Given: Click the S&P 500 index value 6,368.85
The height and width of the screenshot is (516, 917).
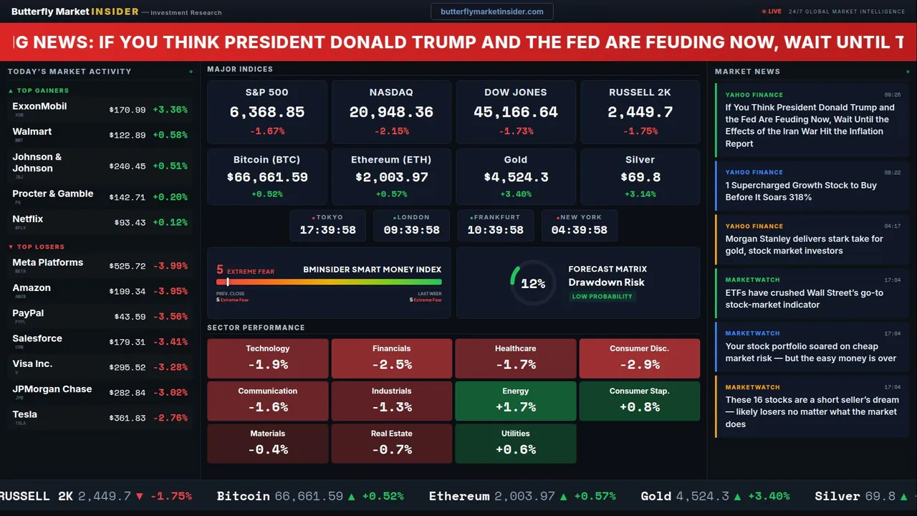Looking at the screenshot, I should [267, 113].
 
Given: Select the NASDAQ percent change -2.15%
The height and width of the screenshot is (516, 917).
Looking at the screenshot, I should [391, 131].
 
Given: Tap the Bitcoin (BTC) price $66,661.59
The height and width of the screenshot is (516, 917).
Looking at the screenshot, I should [267, 177].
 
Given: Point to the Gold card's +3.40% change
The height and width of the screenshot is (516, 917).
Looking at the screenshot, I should [516, 194].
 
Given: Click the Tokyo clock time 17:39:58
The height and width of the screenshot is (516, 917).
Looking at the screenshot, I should [327, 230].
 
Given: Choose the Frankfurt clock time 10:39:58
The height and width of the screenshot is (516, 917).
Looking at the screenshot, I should [495, 230].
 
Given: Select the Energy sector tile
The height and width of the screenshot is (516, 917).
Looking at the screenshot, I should [516, 401].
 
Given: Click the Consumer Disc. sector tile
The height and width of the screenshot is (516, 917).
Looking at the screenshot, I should [639, 358].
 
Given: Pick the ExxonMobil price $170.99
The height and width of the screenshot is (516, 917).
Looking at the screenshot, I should [128, 110].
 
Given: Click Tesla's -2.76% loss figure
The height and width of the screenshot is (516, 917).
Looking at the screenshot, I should [172, 418].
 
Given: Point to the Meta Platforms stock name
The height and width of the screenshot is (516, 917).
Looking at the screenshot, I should [48, 263].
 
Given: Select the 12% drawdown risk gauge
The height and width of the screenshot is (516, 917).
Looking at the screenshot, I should [532, 284].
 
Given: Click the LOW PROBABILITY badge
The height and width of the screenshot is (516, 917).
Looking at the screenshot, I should [602, 297].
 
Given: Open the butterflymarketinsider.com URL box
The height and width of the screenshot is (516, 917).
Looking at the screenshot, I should [492, 11].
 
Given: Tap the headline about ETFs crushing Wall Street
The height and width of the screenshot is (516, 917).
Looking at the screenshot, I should [804, 299].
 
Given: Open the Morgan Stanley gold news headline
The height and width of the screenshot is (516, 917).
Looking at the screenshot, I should [804, 245].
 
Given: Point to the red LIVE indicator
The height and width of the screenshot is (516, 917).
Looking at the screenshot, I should [772, 11].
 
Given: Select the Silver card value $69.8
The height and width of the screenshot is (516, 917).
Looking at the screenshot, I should [640, 177].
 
